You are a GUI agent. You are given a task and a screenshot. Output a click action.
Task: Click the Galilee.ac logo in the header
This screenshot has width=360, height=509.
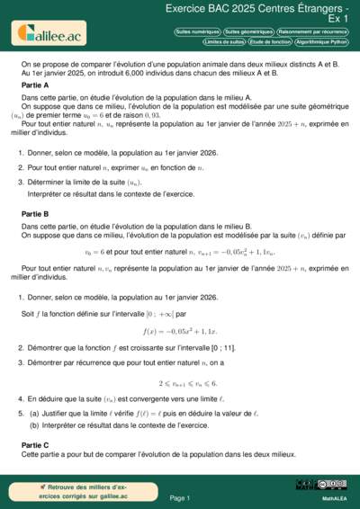47,32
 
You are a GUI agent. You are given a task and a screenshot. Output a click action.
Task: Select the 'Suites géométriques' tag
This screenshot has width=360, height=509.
247,31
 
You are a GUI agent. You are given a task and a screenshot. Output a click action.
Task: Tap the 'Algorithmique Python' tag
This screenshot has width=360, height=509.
320,41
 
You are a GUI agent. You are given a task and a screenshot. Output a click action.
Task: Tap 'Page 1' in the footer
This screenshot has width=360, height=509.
180,497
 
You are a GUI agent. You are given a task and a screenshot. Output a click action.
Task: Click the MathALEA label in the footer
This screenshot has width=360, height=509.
334,498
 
